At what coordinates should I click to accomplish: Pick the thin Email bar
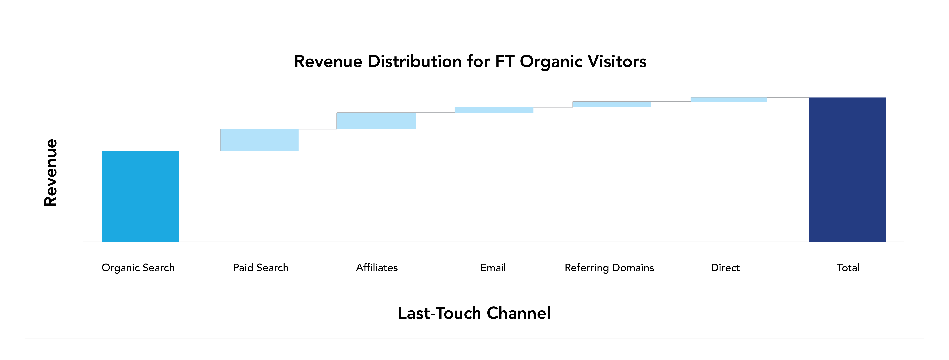[494, 110]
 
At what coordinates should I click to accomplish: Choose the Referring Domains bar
[612, 104]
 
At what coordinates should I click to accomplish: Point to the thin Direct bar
[729, 99]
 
